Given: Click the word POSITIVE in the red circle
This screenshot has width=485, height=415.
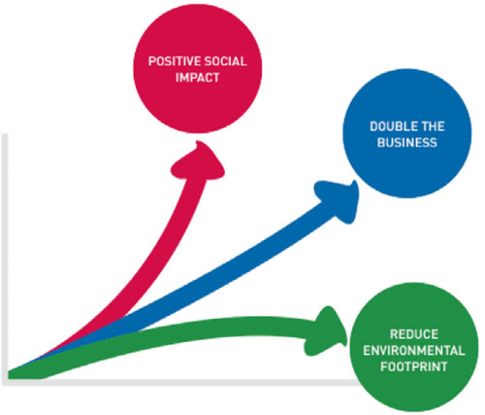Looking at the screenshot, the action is [170, 61].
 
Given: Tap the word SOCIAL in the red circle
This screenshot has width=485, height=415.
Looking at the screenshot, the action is [221, 61].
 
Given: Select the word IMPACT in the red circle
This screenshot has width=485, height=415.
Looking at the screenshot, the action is [198, 78].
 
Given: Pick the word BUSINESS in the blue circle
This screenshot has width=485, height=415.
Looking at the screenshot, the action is [407, 143].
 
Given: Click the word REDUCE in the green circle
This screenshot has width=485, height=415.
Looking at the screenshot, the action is [414, 334].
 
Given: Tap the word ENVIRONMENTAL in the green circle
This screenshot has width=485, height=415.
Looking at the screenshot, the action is [414, 351].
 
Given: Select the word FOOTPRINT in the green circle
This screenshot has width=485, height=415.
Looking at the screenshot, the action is [414, 366].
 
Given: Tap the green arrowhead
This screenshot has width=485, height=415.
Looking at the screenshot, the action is [325, 331].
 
